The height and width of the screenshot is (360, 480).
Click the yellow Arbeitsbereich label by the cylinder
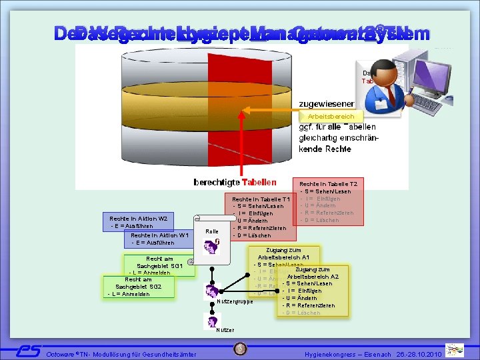tap(331, 117)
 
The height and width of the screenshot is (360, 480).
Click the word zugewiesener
tap(326, 103)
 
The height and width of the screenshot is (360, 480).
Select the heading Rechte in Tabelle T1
tap(261, 199)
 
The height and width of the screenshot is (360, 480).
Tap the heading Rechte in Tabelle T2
tap(328, 183)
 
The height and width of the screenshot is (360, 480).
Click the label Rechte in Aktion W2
tap(138, 219)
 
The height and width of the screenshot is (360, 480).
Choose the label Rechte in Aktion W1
tap(160, 235)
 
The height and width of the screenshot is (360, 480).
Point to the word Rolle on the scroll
tap(212, 231)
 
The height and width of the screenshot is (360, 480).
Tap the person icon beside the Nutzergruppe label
tap(212, 291)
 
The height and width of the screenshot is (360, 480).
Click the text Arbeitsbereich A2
tap(313, 276)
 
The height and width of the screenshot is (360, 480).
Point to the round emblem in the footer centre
tap(240, 349)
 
